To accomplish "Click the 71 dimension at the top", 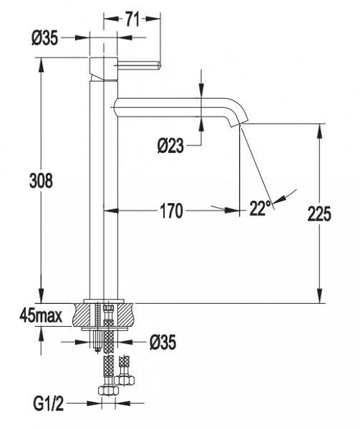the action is pyautogui.click(x=132, y=19).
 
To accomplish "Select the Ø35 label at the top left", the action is pyautogui.click(x=45, y=38).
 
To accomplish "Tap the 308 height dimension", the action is pyautogui.click(x=41, y=181).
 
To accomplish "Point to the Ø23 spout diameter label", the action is pyautogui.click(x=170, y=145).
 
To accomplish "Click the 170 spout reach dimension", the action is pyautogui.click(x=171, y=211).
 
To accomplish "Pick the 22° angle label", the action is pyautogui.click(x=260, y=209).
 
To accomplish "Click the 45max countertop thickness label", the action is pyautogui.click(x=41, y=316).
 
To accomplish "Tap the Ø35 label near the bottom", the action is pyautogui.click(x=162, y=342).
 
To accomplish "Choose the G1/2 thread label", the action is pyautogui.click(x=49, y=403).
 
